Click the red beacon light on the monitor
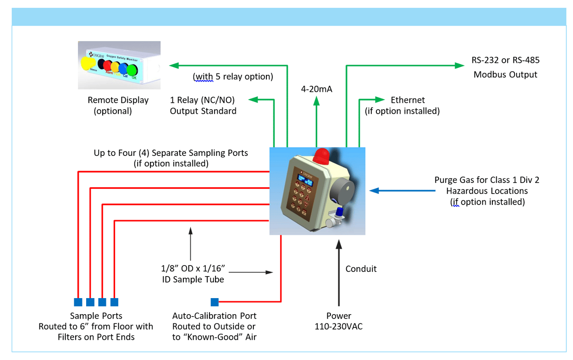[322, 156]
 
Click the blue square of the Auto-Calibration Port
[215, 302]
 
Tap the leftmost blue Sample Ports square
[78, 302]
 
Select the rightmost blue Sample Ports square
[114, 302]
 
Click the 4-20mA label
[316, 89]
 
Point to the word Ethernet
[408, 100]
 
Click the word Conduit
[361, 269]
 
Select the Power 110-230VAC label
[339, 321]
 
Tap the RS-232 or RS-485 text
[505, 60]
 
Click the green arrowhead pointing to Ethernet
[380, 100]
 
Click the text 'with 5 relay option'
[233, 77]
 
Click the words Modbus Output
[505, 74]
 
